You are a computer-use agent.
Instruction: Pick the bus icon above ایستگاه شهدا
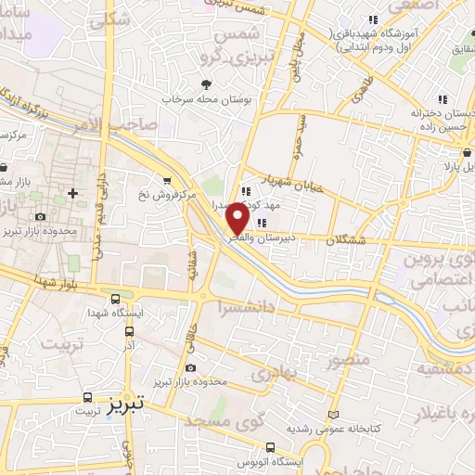114,299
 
